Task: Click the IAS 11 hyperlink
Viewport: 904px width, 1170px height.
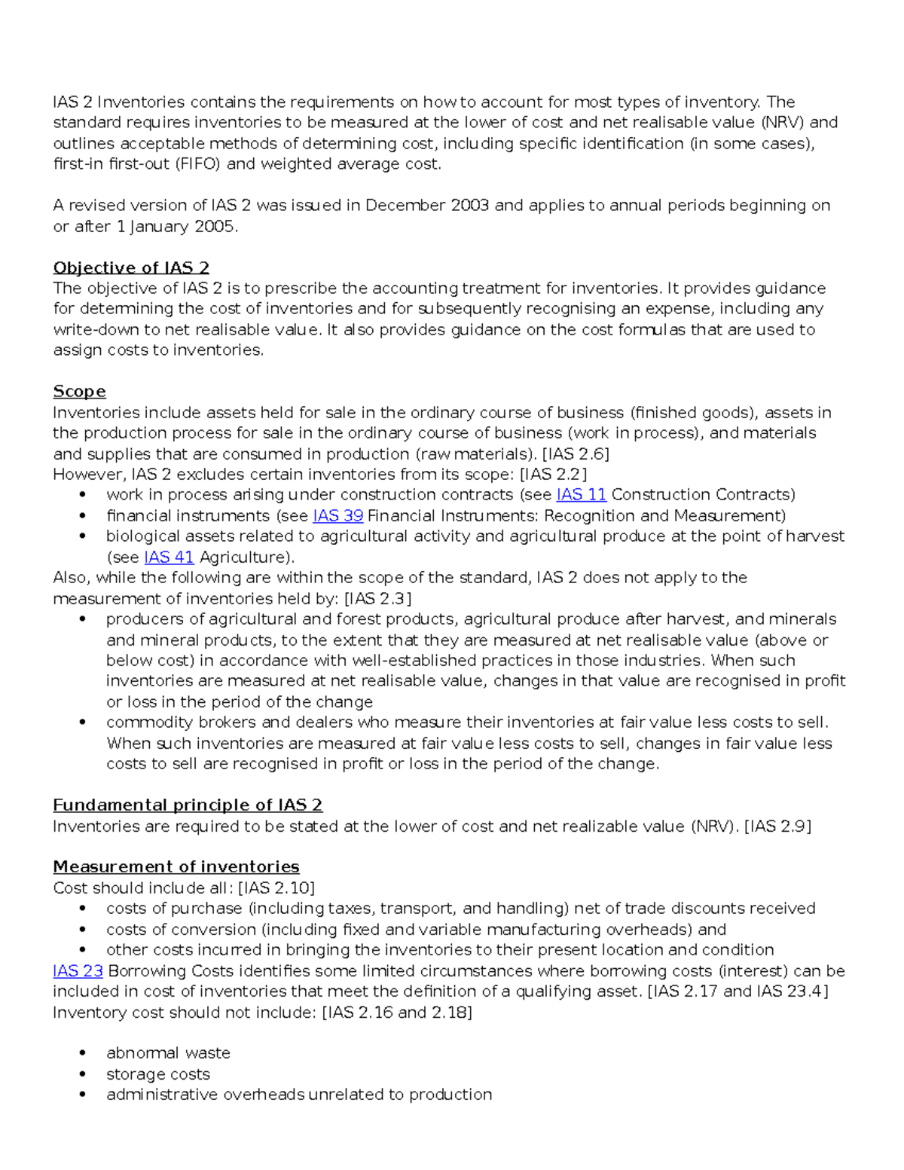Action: point(581,495)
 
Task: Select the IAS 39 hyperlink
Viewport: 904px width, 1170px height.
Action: point(337,516)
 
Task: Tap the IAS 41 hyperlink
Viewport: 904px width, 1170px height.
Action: point(169,558)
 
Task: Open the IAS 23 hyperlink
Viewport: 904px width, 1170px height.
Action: point(78,971)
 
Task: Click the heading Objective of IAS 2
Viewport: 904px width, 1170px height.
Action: point(131,268)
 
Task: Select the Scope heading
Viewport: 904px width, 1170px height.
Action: point(79,392)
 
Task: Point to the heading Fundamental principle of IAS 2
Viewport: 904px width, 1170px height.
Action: point(188,805)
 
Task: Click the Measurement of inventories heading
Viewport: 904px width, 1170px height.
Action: point(176,867)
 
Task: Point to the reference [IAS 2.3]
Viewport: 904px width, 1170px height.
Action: point(377,599)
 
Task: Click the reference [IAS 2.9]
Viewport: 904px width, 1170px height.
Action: point(777,826)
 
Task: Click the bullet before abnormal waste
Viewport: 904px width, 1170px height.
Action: point(82,1053)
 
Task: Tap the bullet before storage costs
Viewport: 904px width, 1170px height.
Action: point(82,1074)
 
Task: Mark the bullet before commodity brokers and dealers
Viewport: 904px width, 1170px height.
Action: point(82,722)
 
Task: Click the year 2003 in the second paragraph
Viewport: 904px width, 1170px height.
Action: point(469,206)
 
